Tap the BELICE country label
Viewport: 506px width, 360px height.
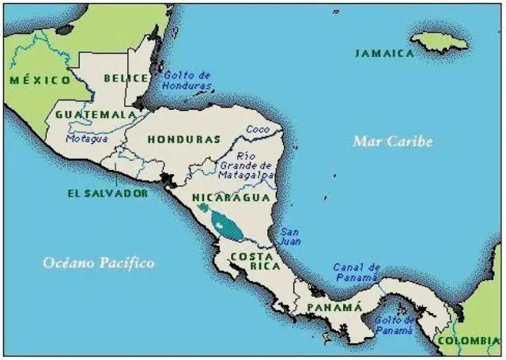pyautogui.click(x=125, y=78)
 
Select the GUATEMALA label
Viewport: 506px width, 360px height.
pyautogui.click(x=95, y=114)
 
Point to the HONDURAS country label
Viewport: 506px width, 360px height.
pyautogui.click(x=183, y=138)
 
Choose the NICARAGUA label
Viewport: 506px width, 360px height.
pyautogui.click(x=232, y=197)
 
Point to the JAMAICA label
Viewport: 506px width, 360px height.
pyautogui.click(x=384, y=53)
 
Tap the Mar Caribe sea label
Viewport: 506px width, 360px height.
pyautogui.click(x=392, y=142)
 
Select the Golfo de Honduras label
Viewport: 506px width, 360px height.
pyautogui.click(x=187, y=80)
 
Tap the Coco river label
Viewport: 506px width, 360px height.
pyautogui.click(x=257, y=129)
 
